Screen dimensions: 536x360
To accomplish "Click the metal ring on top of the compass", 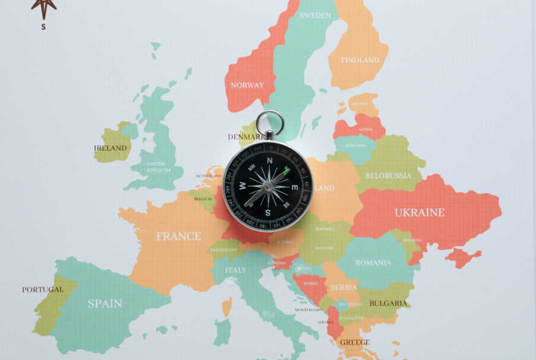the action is [x=270, y=122].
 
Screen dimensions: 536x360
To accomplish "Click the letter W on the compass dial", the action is [x=243, y=186].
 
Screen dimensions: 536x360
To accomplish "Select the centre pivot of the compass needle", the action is [x=267, y=187].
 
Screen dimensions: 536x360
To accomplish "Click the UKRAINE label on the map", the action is [x=419, y=213].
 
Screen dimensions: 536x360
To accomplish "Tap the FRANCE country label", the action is [x=179, y=236].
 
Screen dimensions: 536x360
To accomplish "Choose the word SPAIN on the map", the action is [x=105, y=303].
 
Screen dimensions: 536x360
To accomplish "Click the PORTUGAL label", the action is [x=43, y=290].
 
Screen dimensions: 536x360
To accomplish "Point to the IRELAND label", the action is [x=110, y=148].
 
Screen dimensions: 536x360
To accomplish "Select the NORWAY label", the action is [x=247, y=85].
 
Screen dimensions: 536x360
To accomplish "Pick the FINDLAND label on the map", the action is [x=360, y=60].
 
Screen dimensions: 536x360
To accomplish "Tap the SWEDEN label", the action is [x=315, y=15].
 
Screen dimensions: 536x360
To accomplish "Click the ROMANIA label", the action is [x=373, y=263].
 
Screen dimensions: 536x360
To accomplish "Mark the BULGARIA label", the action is [x=388, y=303].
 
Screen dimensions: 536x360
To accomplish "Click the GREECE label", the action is [x=355, y=342].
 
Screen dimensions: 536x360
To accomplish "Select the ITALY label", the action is [x=235, y=270].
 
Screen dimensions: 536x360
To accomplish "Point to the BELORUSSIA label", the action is [x=388, y=176].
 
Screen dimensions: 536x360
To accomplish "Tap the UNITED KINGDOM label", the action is [x=157, y=167].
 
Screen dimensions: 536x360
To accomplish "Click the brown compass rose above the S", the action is [x=43, y=7].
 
